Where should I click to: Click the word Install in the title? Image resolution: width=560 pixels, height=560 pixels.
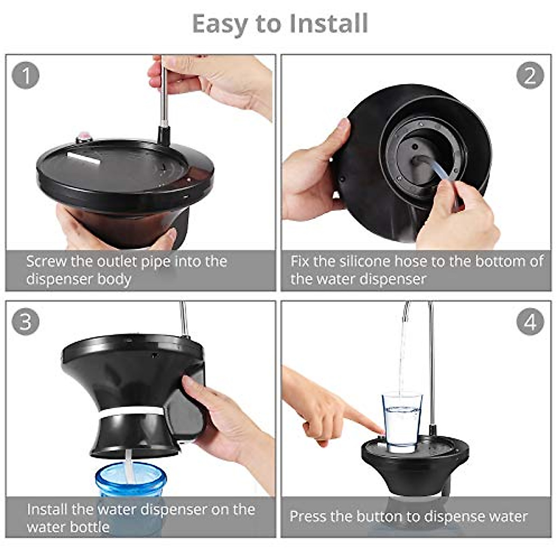329,23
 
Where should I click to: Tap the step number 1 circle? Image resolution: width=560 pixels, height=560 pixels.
26,75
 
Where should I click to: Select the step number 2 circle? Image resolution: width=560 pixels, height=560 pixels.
530,75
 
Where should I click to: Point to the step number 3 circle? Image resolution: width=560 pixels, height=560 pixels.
26,322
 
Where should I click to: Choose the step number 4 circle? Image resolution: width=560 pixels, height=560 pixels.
530,322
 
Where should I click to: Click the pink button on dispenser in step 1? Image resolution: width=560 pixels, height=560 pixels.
84,137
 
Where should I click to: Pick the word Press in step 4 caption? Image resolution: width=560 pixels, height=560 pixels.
308,516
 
